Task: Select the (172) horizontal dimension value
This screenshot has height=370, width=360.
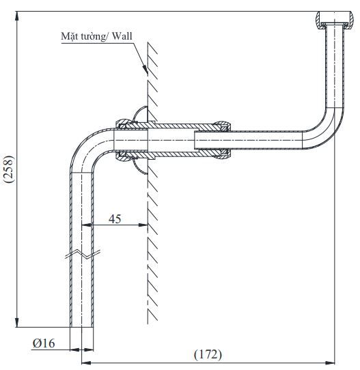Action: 208,354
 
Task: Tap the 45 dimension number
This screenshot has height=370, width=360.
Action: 114,218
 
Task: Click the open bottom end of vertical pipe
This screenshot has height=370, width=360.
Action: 81,326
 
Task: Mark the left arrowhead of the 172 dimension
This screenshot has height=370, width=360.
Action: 85,362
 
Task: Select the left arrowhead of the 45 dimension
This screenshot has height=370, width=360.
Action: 85,225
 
